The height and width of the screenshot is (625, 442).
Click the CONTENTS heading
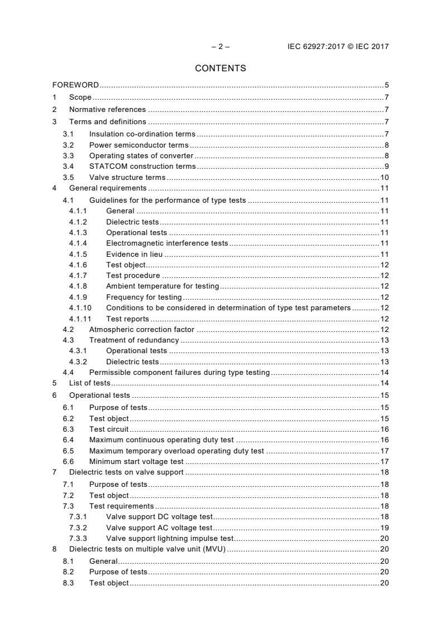tap(220, 69)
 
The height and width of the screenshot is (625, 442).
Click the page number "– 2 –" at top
tap(220, 47)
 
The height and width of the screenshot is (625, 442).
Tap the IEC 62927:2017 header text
tap(334, 47)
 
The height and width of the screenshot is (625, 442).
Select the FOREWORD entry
tap(76, 85)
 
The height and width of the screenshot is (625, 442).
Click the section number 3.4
tap(68, 166)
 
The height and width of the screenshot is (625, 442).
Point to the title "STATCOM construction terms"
tap(142, 166)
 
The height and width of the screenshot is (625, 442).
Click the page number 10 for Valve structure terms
tap(384, 178)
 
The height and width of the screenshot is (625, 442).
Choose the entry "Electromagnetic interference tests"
tap(167, 243)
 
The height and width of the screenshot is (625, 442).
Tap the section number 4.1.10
tap(80, 307)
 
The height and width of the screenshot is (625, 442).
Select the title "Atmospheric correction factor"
tap(142, 330)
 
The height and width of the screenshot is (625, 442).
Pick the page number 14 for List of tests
tap(384, 383)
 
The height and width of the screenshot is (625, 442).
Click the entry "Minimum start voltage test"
tap(136, 461)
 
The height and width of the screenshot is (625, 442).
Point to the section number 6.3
tap(68, 429)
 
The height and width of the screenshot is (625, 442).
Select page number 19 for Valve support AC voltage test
tap(384, 528)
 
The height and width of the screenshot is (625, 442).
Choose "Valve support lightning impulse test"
tap(169, 538)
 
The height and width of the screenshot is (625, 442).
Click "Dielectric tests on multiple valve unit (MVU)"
tap(147, 549)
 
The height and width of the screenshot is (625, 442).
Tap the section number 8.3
tap(68, 583)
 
